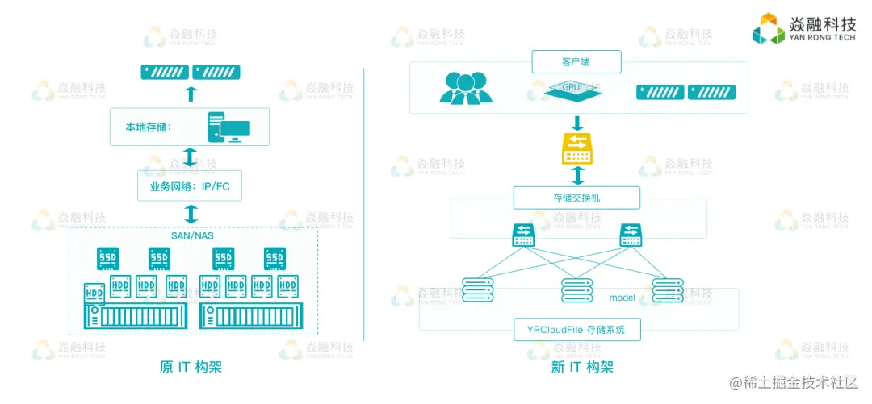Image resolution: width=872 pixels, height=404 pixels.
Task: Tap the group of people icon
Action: tap(465, 88)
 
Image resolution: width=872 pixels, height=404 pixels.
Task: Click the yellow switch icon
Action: tap(576, 149)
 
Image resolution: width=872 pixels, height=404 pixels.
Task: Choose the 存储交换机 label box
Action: tap(576, 198)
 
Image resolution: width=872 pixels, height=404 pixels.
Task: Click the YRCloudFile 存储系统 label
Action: tap(576, 329)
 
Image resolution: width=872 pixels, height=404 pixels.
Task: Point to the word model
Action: tap(622, 298)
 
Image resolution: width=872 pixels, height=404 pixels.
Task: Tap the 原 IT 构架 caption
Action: tap(191, 367)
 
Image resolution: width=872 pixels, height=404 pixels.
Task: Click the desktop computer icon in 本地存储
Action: tap(228, 127)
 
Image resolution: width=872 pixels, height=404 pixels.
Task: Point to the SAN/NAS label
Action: tap(191, 236)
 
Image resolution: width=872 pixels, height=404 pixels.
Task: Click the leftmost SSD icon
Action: tap(108, 259)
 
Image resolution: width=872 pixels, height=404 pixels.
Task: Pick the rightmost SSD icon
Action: tap(275, 259)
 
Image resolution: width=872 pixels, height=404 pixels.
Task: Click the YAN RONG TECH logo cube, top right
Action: tap(769, 30)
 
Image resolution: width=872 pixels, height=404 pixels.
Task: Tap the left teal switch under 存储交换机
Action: tap(525, 235)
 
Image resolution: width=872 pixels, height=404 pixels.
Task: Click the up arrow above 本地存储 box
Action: tap(191, 94)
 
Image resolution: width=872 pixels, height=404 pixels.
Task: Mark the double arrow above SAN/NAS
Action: tap(191, 214)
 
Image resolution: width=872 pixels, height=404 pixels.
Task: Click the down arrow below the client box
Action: tap(576, 123)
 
